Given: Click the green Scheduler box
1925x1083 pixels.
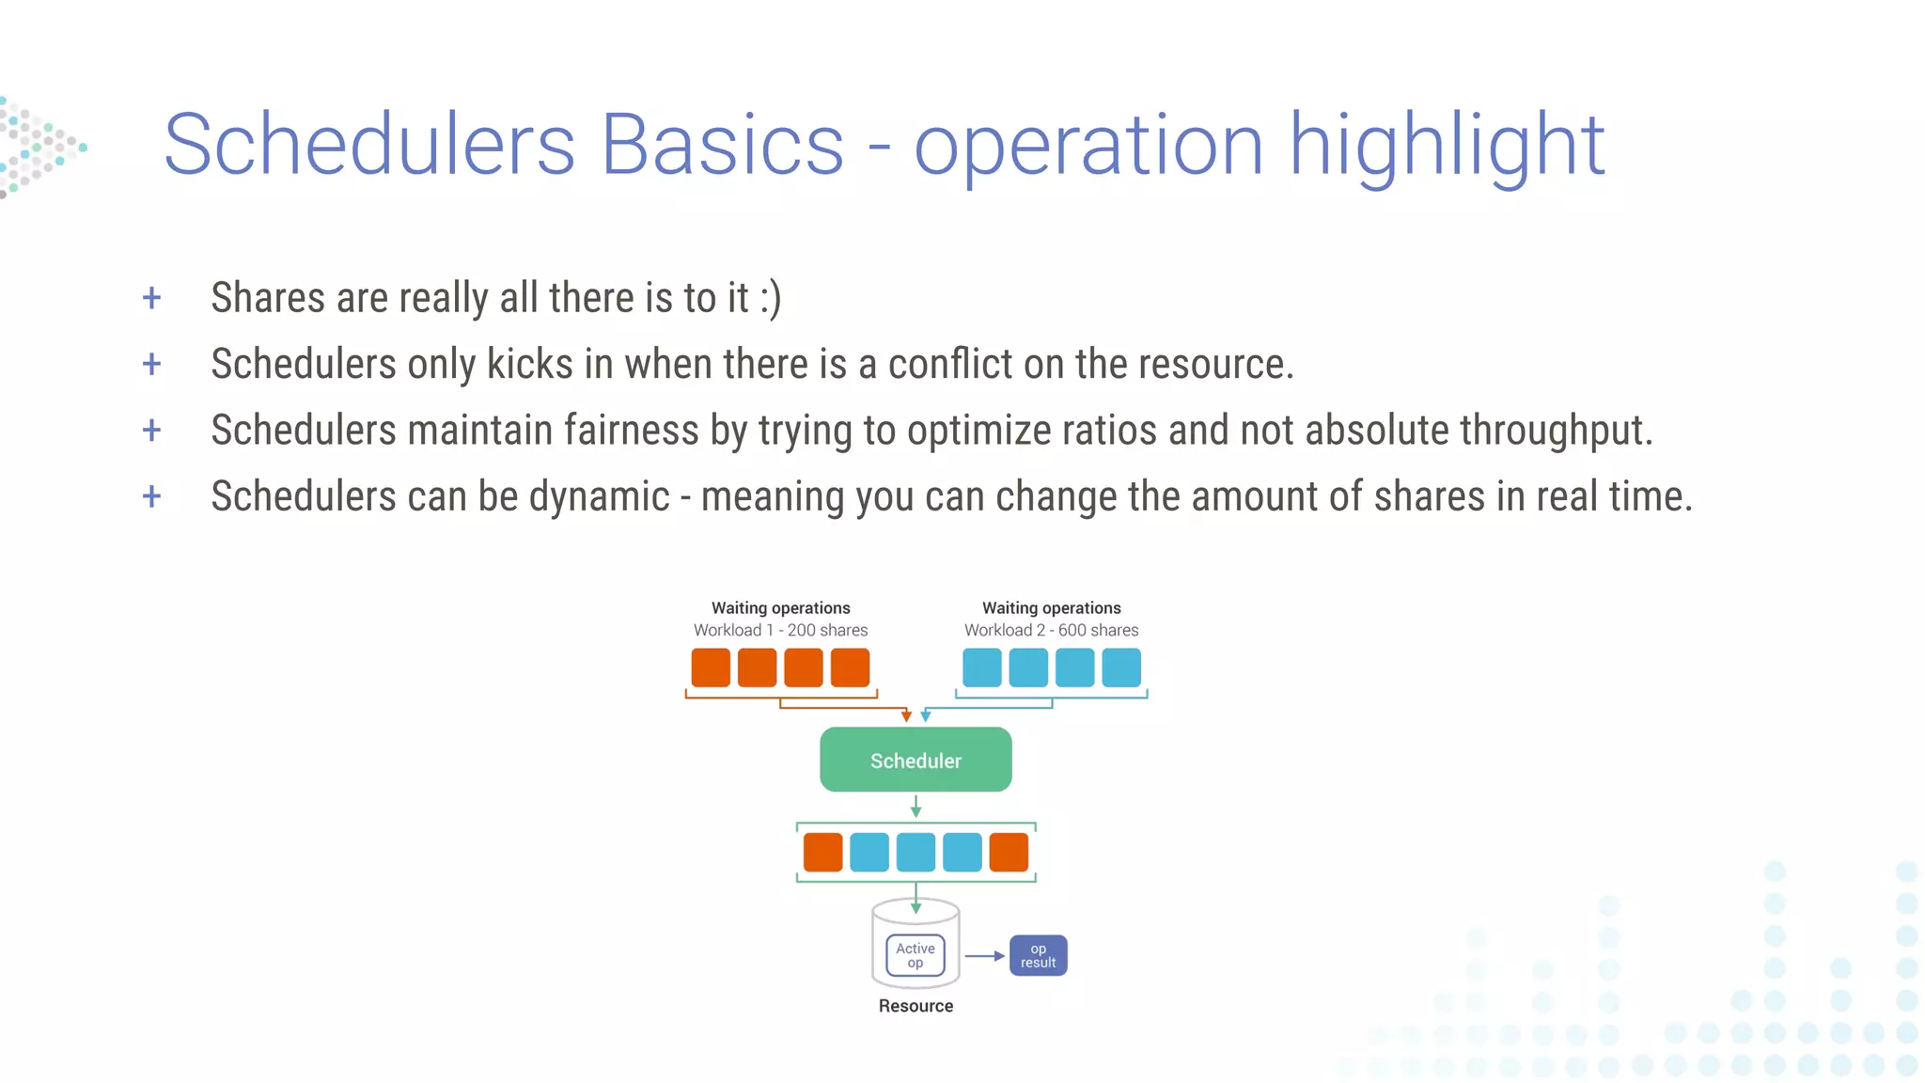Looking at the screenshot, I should (916, 760).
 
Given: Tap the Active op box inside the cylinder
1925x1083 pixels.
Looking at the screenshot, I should (916, 955).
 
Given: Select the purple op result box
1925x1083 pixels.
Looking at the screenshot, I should (1038, 955).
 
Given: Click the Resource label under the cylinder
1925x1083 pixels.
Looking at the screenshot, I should (916, 1006).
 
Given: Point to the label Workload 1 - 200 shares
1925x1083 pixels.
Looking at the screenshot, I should (780, 630).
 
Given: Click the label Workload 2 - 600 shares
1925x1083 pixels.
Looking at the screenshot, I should (1051, 630).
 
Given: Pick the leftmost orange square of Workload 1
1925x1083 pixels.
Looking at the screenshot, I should (711, 667).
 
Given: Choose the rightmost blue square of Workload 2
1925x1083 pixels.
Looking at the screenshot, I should (1120, 667).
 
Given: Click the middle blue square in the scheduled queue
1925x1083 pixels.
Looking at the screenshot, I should (916, 852).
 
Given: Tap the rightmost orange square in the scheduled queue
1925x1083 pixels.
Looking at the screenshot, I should (1009, 852).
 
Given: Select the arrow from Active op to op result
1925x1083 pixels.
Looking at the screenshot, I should (984, 956).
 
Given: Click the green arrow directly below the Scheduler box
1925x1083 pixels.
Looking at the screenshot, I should (916, 806).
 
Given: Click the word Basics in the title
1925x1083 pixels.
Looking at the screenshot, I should (722, 145).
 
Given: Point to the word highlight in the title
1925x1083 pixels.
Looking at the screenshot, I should (1446, 145).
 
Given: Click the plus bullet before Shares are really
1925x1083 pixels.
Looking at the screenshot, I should (151, 299).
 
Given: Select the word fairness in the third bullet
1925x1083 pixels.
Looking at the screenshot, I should (631, 431).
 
